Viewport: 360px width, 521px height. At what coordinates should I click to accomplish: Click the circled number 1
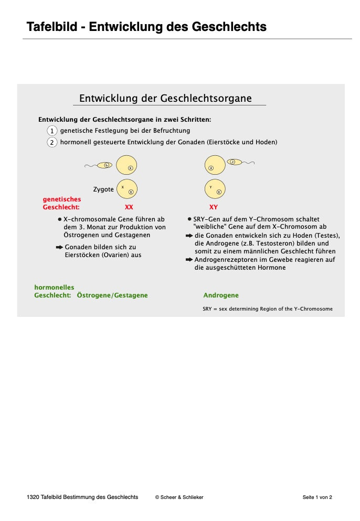(x=52, y=131)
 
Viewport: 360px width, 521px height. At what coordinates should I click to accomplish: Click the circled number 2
(x=52, y=143)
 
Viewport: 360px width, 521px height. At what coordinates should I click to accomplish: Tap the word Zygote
(x=103, y=189)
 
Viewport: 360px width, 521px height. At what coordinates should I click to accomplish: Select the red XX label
(x=129, y=207)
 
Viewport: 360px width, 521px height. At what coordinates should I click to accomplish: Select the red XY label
(x=214, y=207)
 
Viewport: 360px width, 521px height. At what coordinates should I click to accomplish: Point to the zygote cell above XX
(x=127, y=189)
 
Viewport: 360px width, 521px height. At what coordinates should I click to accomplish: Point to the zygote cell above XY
(x=215, y=189)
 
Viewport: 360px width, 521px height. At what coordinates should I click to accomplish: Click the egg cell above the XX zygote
(x=126, y=164)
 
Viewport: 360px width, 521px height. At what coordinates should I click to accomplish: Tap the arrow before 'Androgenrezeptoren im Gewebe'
(x=189, y=260)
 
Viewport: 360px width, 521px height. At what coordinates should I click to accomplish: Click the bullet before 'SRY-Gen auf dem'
(x=189, y=219)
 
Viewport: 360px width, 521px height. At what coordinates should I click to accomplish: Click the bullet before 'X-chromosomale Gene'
(x=60, y=219)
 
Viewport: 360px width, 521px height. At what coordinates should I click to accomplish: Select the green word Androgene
(x=221, y=295)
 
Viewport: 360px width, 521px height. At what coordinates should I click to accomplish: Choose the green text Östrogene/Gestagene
(x=112, y=295)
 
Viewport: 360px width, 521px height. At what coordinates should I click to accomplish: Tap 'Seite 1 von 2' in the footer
(x=317, y=497)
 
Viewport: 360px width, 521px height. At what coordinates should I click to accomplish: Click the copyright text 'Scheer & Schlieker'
(x=182, y=497)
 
